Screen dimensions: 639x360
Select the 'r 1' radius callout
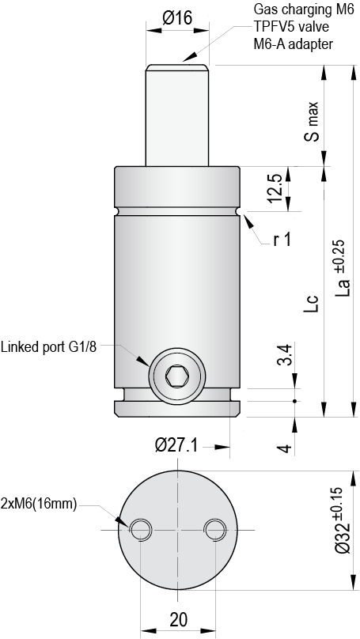(x=281, y=240)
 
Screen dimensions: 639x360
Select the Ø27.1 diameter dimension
(x=176, y=445)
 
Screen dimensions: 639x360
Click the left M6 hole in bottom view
(x=141, y=528)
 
